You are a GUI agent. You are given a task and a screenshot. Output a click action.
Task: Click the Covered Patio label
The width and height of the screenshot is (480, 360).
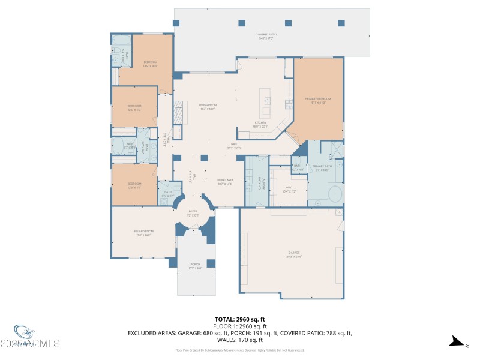click(x=267, y=36)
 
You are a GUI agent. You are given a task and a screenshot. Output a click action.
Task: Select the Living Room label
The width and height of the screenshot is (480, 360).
click(x=207, y=107)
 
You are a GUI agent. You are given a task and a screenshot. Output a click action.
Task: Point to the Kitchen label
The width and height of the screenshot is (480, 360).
click(x=260, y=124)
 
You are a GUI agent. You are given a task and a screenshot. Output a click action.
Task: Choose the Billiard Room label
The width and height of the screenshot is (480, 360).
click(x=143, y=232)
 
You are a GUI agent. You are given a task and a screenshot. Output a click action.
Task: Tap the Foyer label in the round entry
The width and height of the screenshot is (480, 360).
click(x=193, y=212)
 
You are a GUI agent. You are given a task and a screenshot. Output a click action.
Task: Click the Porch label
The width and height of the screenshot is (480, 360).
click(x=196, y=265)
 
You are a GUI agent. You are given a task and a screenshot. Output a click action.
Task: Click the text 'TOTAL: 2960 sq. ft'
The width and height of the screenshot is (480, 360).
click(x=240, y=319)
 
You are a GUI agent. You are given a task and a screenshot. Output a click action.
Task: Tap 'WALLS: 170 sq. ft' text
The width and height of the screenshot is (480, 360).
click(x=240, y=340)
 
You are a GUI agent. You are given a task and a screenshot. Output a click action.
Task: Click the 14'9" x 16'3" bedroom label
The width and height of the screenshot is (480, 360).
click(x=151, y=64)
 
